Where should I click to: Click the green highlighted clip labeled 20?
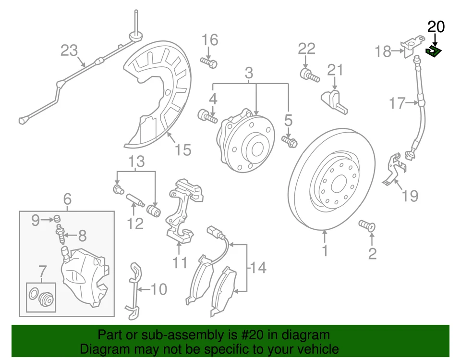click(x=434, y=51)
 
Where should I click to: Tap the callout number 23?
click(x=69, y=50)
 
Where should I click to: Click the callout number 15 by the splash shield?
click(x=183, y=150)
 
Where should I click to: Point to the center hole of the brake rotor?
click(x=339, y=184)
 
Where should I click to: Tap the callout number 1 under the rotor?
click(x=325, y=250)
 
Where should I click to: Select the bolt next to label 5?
click(x=290, y=141)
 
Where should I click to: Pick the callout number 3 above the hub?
click(x=249, y=74)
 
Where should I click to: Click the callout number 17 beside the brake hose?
click(x=397, y=103)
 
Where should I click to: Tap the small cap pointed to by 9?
click(x=57, y=220)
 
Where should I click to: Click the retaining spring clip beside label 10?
click(x=134, y=289)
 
